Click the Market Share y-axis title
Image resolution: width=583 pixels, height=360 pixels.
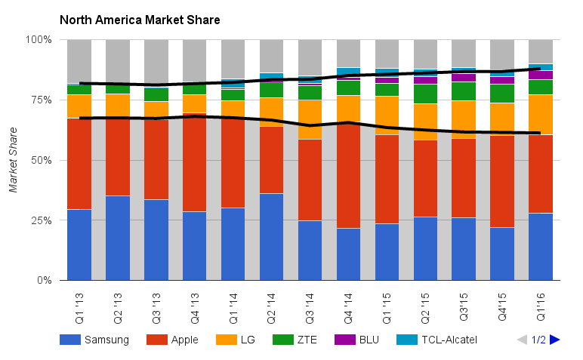click(14, 160)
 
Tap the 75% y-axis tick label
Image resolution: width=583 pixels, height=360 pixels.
click(41, 100)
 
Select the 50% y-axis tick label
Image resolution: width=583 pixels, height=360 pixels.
click(41, 160)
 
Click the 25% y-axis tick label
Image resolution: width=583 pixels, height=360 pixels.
click(41, 220)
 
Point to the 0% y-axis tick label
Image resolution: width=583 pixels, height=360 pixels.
click(44, 281)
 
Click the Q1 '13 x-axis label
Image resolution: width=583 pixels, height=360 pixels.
click(79, 306)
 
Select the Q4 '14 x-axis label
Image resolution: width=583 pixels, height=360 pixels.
click(349, 306)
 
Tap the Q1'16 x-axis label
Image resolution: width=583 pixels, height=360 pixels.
click(541, 306)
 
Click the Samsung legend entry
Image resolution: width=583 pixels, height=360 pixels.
click(94, 340)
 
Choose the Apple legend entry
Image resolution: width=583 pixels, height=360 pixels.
click(174, 340)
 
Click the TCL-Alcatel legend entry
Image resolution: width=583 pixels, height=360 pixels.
click(438, 340)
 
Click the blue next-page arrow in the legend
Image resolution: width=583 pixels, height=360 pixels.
click(555, 340)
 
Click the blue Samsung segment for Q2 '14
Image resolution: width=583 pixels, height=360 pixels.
click(272, 237)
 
